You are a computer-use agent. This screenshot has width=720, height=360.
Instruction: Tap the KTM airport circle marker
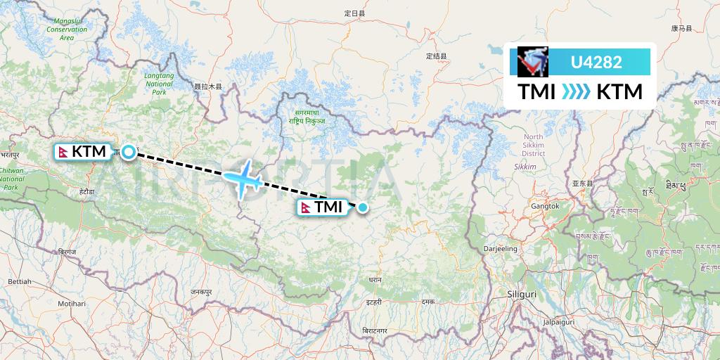click(129, 151)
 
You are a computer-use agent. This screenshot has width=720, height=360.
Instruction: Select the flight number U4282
click(596, 62)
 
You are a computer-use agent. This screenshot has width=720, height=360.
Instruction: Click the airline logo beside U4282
click(532, 62)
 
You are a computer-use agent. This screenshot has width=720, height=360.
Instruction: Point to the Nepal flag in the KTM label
click(63, 151)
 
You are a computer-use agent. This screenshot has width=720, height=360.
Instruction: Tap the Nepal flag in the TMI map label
click(306, 207)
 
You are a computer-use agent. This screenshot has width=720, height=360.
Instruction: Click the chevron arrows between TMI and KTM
click(576, 92)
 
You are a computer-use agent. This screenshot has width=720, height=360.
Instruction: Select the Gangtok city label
click(546, 206)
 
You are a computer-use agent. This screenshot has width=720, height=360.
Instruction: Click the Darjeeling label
click(500, 249)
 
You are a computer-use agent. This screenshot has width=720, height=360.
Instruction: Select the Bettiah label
click(20, 281)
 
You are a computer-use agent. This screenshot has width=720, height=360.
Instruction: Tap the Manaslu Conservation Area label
click(67, 30)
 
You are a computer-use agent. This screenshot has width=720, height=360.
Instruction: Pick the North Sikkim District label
click(534, 145)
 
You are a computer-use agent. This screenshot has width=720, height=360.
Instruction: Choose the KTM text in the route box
click(619, 92)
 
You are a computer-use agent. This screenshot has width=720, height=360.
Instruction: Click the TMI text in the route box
click(536, 92)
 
